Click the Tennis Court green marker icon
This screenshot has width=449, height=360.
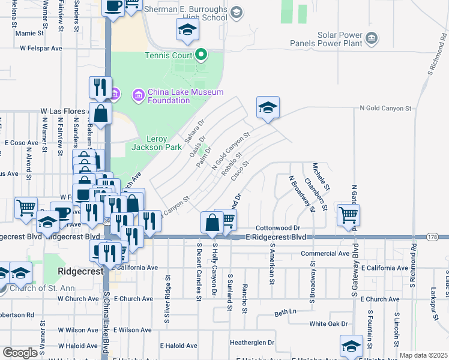click(201, 56)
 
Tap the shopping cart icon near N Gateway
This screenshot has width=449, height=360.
click(348, 214)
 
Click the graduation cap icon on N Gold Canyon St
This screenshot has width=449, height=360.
click(268, 108)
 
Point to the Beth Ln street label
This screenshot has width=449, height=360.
click(286, 313)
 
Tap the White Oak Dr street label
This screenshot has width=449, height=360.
click(328, 323)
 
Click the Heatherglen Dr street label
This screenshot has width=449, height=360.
click(252, 343)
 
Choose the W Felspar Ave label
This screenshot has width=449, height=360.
click(41, 47)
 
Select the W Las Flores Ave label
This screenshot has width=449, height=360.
click(64, 111)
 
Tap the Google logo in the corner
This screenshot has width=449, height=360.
click(20, 353)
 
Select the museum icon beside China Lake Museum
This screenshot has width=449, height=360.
click(139, 95)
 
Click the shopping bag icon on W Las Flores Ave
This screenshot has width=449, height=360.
click(101, 113)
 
